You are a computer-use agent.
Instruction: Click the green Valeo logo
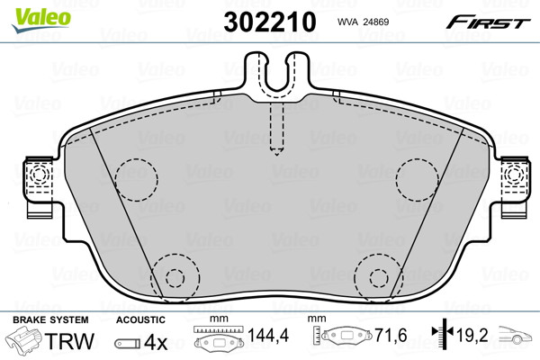(41, 20)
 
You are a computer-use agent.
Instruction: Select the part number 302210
(270, 22)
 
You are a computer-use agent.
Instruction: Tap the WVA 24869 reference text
(363, 22)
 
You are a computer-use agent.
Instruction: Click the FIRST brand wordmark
(488, 22)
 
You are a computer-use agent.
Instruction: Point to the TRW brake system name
(69, 341)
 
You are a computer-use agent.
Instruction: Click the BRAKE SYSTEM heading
(50, 319)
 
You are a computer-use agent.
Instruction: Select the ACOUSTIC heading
(140, 319)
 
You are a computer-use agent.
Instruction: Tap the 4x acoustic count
(156, 342)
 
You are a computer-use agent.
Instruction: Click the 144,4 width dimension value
(268, 335)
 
